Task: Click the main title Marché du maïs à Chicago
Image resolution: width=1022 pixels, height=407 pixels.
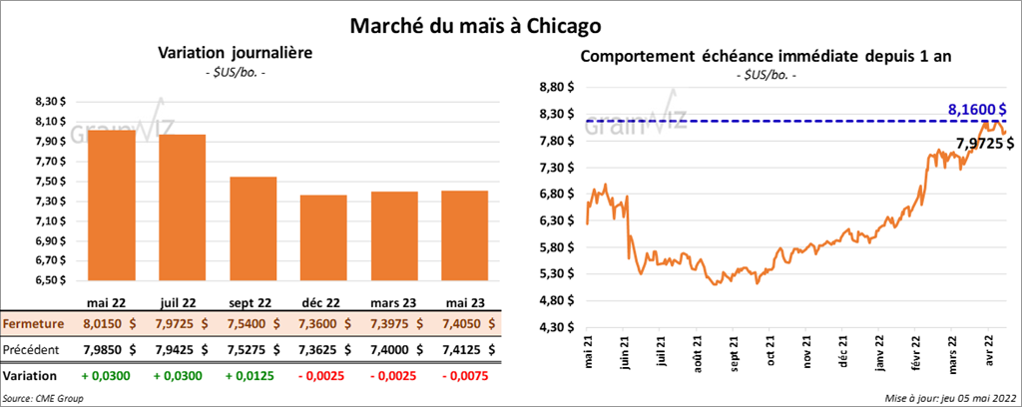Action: pyautogui.click(x=474, y=23)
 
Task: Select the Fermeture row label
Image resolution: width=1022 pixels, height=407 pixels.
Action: pyautogui.click(x=35, y=324)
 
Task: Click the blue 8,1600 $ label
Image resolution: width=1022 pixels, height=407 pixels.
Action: pyautogui.click(x=975, y=109)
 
